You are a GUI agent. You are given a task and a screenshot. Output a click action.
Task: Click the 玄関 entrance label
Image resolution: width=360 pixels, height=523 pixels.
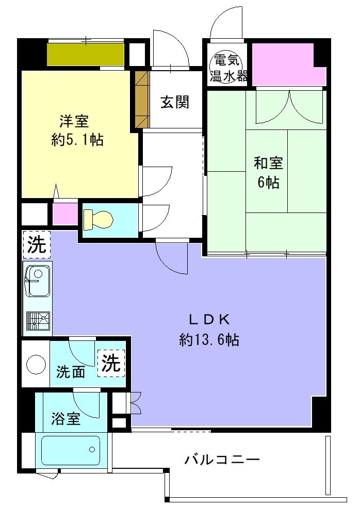coord(175,102)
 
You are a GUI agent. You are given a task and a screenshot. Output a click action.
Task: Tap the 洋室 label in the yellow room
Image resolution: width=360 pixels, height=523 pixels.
coord(74,121)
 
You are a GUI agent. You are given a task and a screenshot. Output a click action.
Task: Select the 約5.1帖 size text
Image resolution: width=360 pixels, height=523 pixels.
coord(77,139)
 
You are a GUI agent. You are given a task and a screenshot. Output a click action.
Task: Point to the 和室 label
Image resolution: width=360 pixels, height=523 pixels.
coord(268,163)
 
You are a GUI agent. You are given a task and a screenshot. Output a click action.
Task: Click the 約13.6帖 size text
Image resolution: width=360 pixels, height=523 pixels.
coord(209,339)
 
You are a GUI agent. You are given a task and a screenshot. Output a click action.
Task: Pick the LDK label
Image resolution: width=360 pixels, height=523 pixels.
coord(209,320)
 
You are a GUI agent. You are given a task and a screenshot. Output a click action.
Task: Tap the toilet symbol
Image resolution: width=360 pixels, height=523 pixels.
coord(98,220)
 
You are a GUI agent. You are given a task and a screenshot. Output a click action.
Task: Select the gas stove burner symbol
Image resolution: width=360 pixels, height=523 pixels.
coord(38,321)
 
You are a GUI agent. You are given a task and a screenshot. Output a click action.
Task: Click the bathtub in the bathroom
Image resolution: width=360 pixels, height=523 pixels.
coord(70,451)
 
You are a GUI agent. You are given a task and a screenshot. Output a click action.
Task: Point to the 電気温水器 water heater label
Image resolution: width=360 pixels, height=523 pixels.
coord(228,69)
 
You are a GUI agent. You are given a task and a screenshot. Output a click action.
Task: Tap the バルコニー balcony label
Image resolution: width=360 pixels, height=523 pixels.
coord(222,460)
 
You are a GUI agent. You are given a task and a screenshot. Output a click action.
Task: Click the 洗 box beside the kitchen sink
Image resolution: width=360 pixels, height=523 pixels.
coord(37,244)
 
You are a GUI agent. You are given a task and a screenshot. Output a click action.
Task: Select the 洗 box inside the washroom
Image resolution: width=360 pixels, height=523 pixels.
coord(111,363)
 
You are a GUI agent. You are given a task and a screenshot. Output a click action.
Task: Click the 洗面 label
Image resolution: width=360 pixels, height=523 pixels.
coord(70,372)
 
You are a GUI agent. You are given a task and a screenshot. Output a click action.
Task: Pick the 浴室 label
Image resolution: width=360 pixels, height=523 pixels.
coord(66,418)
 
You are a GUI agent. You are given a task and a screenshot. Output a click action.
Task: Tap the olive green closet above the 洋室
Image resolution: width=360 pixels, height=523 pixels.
coord(86,55)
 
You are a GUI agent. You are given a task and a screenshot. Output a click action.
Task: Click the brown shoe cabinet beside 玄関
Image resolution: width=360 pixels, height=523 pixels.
coord(142,100)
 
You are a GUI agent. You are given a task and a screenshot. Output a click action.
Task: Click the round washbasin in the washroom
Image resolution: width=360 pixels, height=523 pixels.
coord(36,364)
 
